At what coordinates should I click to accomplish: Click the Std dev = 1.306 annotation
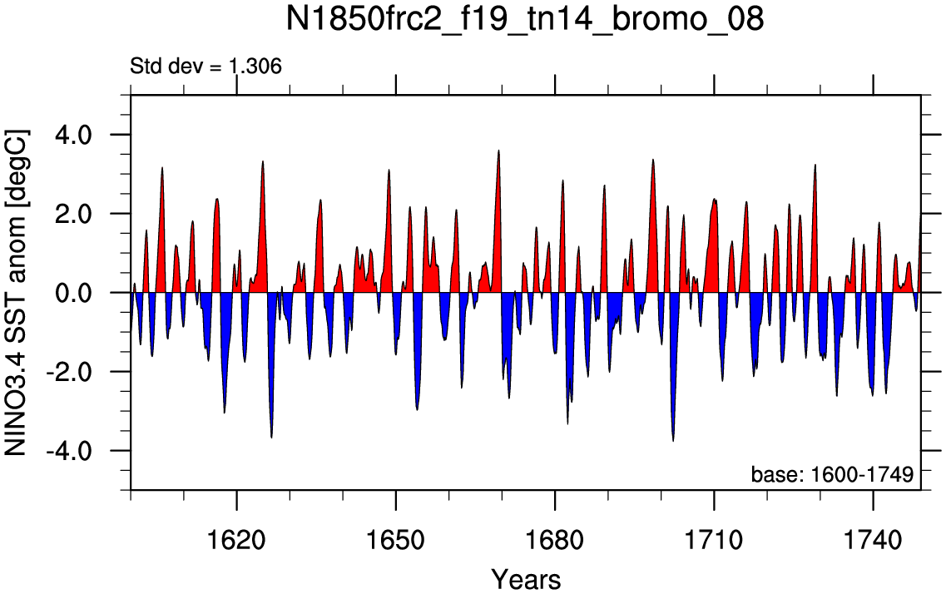206,66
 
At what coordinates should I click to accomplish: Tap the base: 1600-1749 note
832,474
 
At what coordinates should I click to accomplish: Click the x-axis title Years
526,580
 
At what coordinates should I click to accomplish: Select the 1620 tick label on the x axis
236,540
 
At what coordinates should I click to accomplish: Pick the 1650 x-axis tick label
396,540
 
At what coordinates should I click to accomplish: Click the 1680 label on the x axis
554,540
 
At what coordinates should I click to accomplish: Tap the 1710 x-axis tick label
714,540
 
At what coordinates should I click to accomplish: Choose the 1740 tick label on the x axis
873,540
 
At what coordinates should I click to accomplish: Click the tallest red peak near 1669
498,151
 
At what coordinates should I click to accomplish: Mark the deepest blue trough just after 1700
673,441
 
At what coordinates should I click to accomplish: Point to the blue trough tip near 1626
271,438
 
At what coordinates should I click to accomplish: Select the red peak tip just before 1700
653,160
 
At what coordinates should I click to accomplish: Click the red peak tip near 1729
815,165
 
